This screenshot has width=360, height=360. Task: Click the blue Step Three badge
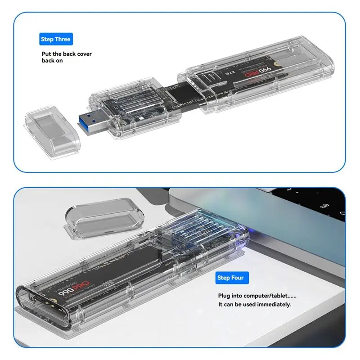(x=55, y=40)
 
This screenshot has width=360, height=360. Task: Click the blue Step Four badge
(x=230, y=278)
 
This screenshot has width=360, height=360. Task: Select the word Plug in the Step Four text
(x=224, y=296)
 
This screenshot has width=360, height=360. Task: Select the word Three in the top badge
(x=63, y=40)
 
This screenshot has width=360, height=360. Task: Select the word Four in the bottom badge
(x=238, y=278)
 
